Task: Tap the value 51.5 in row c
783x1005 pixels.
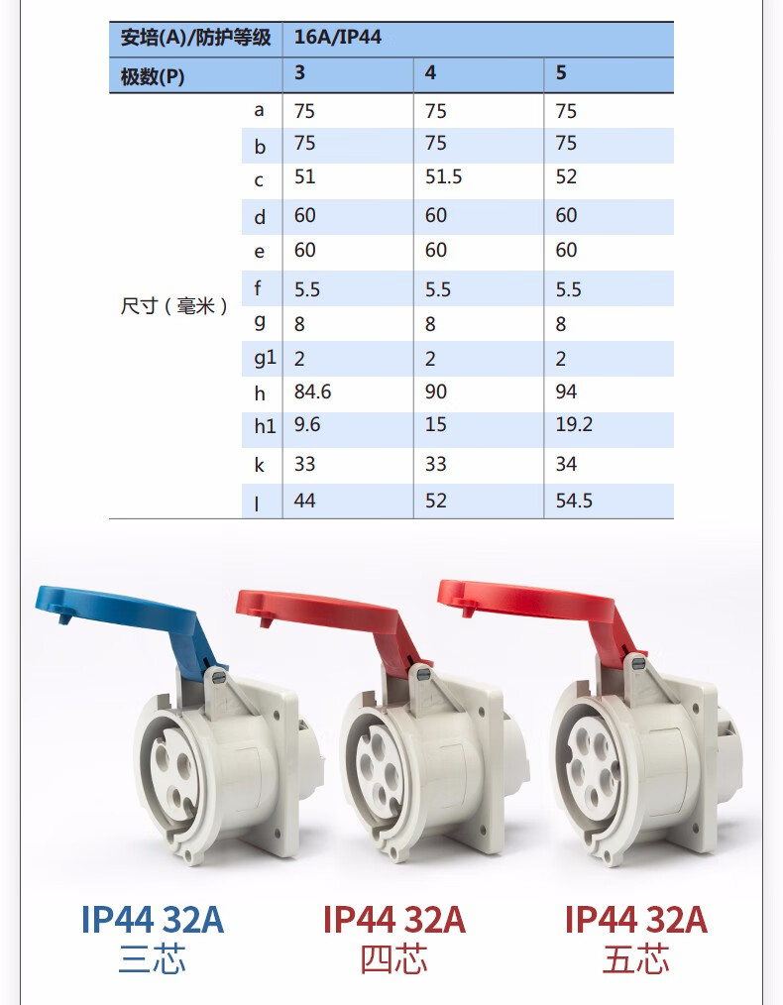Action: pos(443,176)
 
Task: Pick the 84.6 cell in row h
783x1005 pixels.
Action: pos(312,391)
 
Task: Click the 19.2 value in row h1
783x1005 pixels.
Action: pos(574,424)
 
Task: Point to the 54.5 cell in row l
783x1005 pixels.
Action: pos(574,501)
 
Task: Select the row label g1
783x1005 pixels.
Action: pos(265,358)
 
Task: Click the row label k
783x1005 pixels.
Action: pos(259,465)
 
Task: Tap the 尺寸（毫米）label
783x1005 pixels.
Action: pos(173,305)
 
